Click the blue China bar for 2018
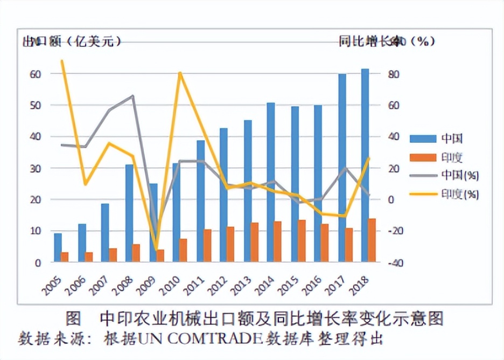(x=365, y=165)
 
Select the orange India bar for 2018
(x=372, y=240)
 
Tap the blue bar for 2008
(x=129, y=213)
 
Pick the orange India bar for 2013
(x=254, y=243)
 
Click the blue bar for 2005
(x=58, y=247)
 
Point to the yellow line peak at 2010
(x=180, y=73)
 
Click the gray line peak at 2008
(x=132, y=96)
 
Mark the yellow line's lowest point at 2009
(x=157, y=250)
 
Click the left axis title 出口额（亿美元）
(x=71, y=41)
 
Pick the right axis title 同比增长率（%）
(x=387, y=41)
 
